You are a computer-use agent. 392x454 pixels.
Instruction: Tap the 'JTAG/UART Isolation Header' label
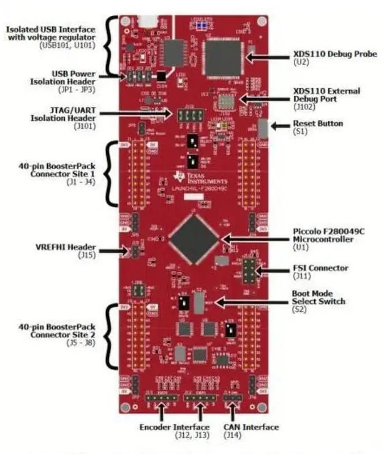point(59,114)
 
